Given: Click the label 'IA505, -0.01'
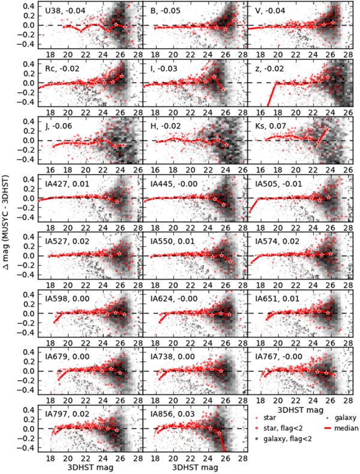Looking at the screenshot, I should pos(277,184).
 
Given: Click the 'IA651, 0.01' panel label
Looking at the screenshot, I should pos(275,299).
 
